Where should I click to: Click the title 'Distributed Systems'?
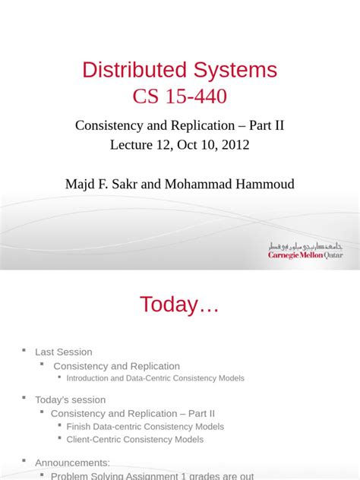(180, 71)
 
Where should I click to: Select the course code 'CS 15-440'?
(180, 96)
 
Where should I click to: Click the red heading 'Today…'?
(179, 305)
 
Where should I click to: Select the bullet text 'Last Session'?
(64, 352)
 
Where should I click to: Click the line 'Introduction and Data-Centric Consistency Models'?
(155, 378)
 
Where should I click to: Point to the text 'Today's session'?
(71, 399)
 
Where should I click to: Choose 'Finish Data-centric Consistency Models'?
(145, 427)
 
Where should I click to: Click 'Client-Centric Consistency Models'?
(135, 439)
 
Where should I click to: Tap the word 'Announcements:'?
(73, 463)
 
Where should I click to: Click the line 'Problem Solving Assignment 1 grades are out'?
(152, 475)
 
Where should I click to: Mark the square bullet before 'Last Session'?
(24, 351)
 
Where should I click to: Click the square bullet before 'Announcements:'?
(24, 461)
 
